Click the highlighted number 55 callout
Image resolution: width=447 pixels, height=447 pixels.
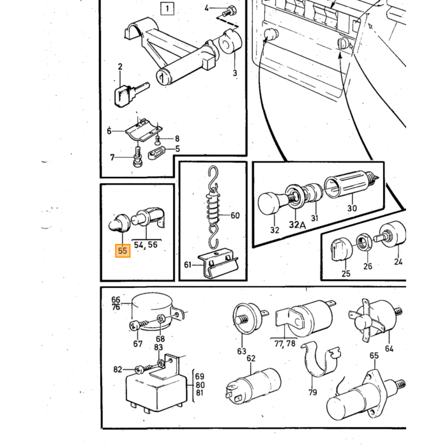[123, 251]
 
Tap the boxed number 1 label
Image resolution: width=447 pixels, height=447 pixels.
[167, 8]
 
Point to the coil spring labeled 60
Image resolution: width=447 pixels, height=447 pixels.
[213, 206]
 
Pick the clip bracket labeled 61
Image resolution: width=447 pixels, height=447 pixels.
[218, 263]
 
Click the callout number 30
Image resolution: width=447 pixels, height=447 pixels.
[352, 208]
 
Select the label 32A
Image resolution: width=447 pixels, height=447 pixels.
[297, 225]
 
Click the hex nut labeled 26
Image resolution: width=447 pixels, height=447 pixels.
[364, 242]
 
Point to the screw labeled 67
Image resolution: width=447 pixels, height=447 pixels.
[139, 324]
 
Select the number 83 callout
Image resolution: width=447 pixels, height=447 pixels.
[158, 347]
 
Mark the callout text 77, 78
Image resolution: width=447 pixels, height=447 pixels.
[285, 344]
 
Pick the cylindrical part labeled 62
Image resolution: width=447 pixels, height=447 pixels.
[253, 386]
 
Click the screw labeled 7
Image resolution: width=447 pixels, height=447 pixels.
[138, 157]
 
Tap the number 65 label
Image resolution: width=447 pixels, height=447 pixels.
[374, 356]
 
